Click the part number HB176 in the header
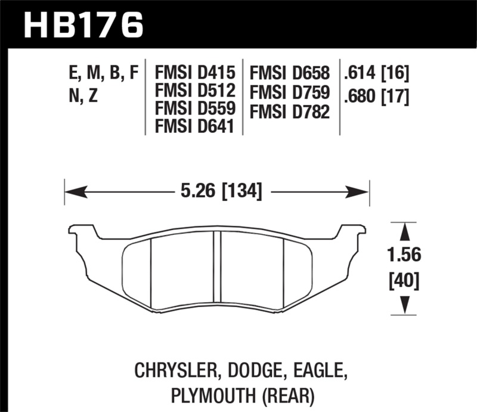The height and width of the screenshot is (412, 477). tap(83, 24)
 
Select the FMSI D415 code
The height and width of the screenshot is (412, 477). tap(196, 73)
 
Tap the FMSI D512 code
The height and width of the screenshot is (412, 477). tap(196, 92)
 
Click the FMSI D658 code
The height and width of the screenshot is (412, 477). tap(290, 73)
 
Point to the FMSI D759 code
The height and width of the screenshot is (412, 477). tap(290, 92)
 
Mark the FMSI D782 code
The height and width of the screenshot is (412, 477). tap(290, 110)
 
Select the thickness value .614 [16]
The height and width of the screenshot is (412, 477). tap(376, 73)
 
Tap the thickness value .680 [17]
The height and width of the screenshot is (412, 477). tap(376, 95)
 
